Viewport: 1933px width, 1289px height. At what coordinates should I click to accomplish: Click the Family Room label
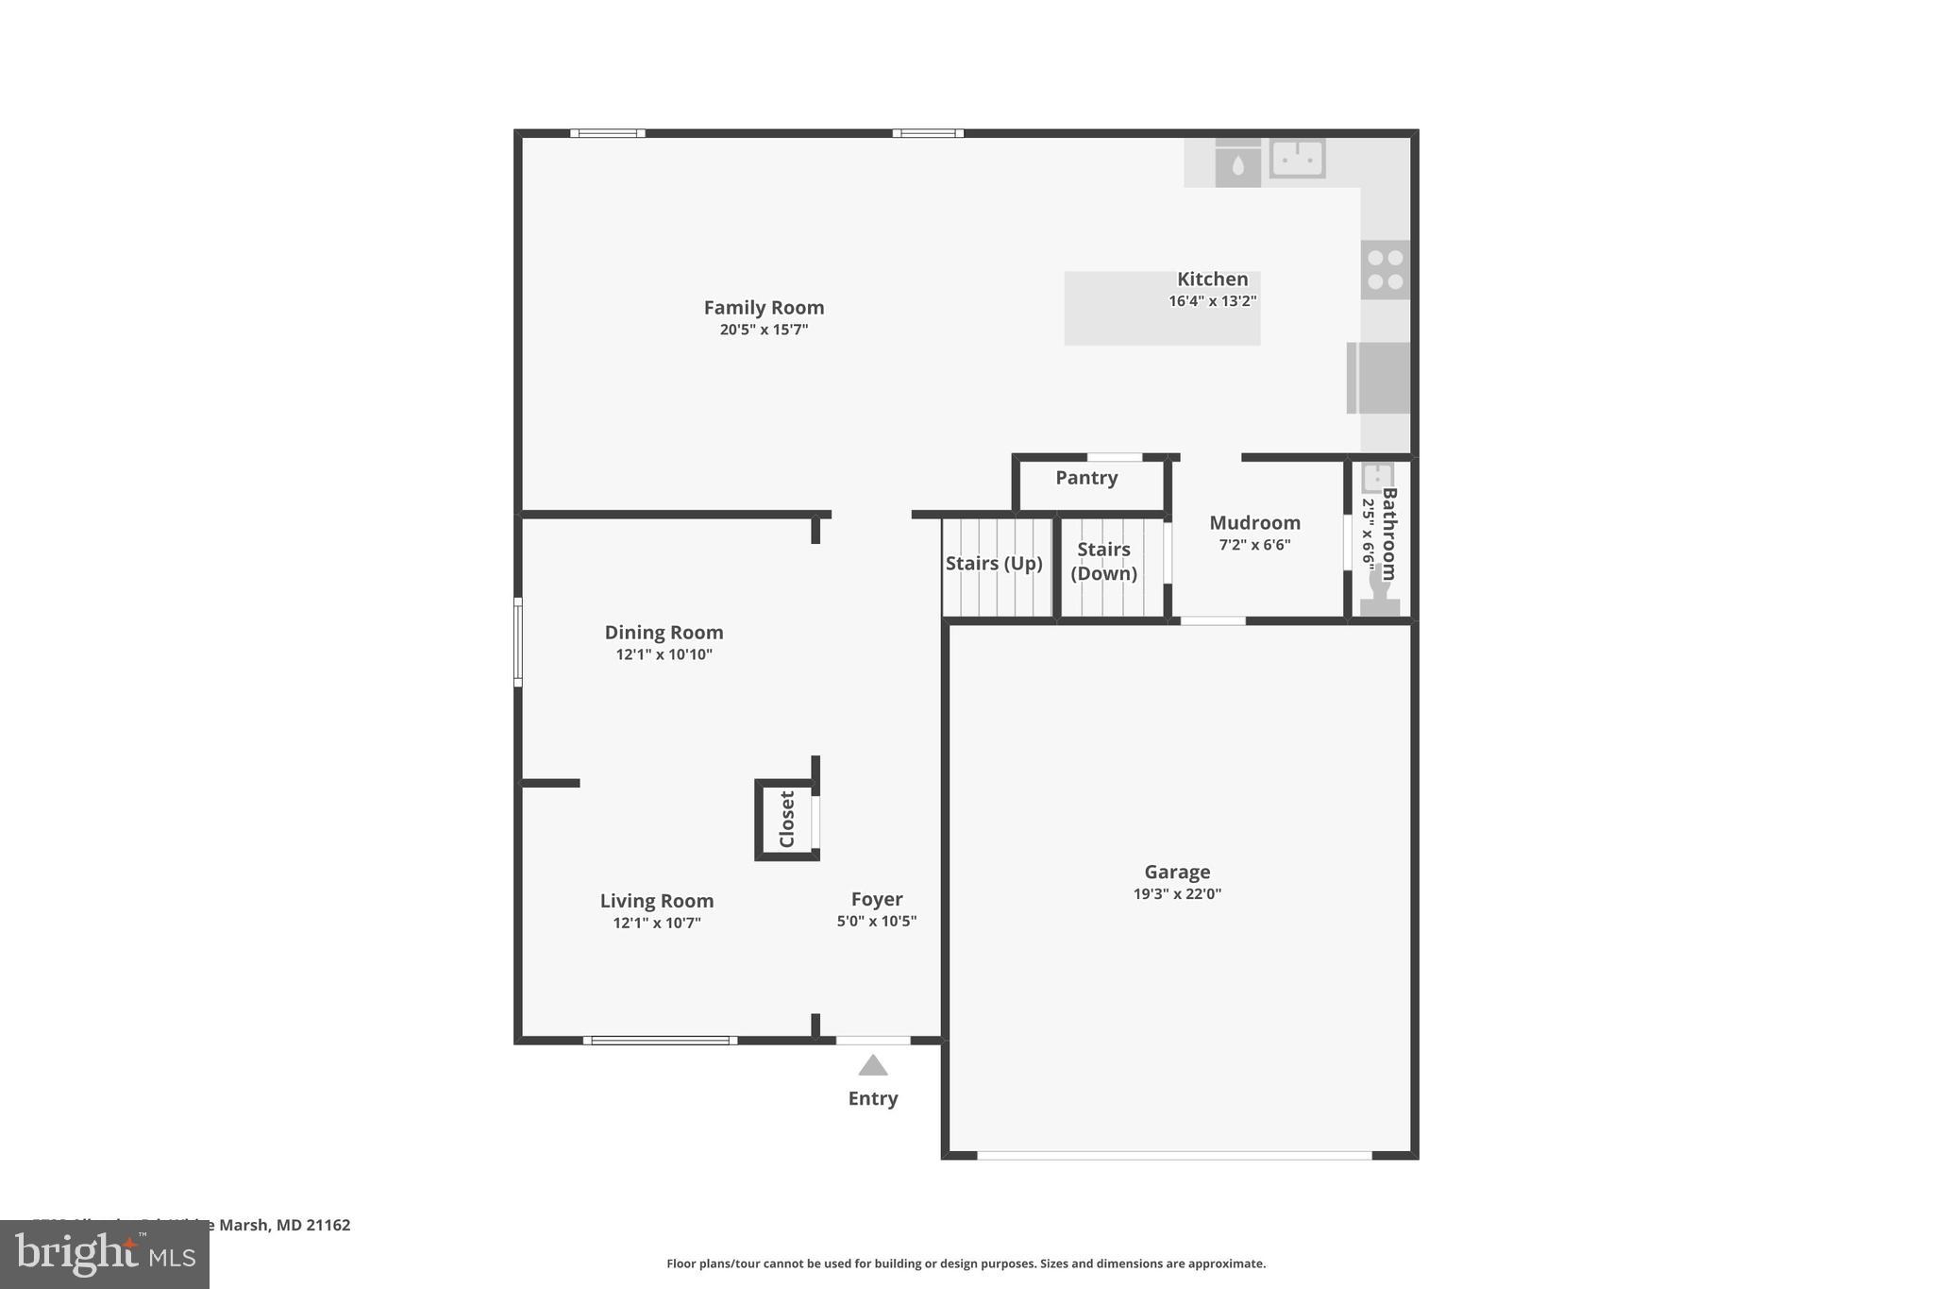(764, 308)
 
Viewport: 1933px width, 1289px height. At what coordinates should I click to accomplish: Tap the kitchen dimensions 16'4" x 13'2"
(1212, 301)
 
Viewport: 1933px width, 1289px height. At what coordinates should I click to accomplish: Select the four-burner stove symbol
(1385, 269)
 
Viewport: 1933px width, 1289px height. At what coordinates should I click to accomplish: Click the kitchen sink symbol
(1297, 159)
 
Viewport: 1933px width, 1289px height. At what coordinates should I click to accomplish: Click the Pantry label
(1086, 478)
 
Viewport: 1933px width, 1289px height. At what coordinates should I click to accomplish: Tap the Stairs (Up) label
(994, 564)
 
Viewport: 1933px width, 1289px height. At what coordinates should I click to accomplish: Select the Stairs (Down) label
(1103, 561)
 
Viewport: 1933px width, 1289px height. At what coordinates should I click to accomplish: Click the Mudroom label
(1254, 523)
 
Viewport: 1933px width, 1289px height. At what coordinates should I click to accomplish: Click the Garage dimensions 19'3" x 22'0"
(1177, 894)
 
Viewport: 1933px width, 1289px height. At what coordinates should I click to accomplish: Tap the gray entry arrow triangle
(872, 1066)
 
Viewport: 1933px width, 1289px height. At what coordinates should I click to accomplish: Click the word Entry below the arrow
(872, 1098)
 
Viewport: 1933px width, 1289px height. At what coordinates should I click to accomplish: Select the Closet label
(787, 819)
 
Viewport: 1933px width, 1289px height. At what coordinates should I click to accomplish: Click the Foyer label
(876, 900)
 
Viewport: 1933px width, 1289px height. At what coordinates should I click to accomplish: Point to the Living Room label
(657, 901)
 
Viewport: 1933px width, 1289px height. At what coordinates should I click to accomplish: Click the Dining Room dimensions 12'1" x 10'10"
(664, 654)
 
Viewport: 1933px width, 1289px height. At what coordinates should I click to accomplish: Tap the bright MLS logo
(105, 1254)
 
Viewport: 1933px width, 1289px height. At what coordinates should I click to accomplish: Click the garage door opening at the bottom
(1173, 1155)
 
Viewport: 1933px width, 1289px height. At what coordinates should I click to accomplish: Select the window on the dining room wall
(518, 641)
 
